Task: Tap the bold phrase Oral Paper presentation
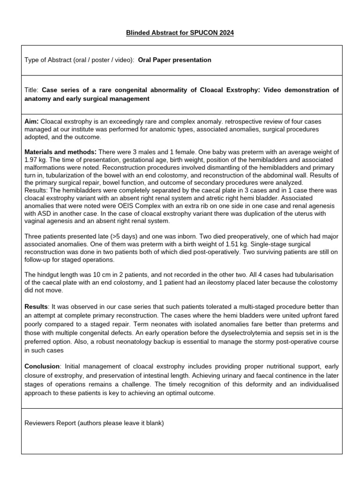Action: (174, 60)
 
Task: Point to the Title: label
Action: (32, 90)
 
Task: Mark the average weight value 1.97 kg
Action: (37, 160)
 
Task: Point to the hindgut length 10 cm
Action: (101, 274)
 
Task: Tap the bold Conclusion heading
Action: (43, 366)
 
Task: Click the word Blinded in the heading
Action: (139, 33)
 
